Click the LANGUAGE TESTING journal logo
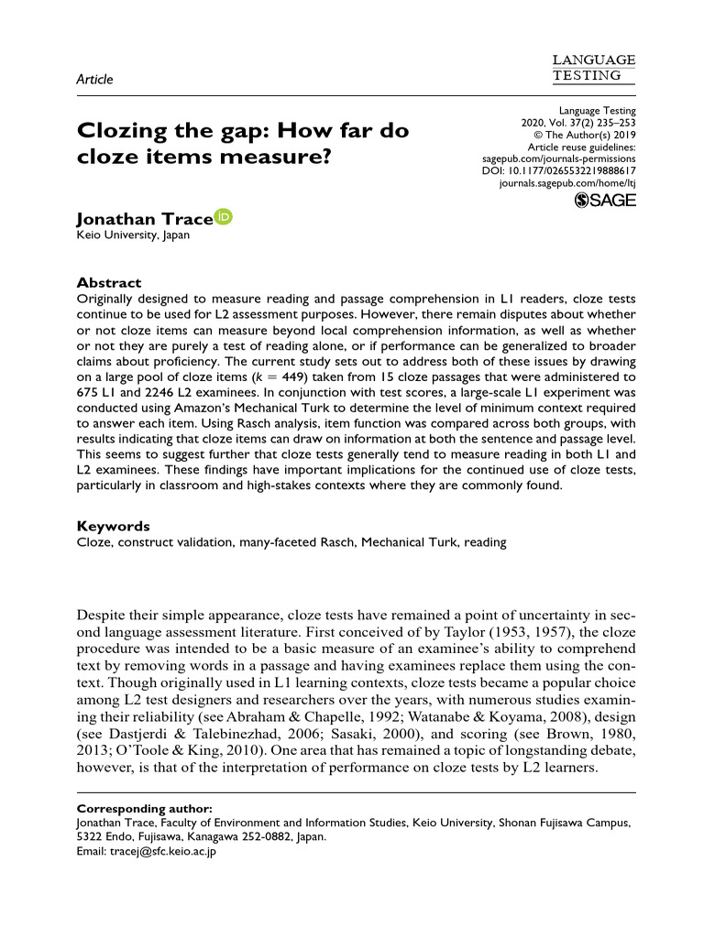pos(594,67)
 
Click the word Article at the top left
pos(94,79)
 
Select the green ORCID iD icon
pos(224,217)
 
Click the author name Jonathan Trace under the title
pos(144,220)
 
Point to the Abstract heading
pos(108,283)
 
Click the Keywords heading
pos(113,526)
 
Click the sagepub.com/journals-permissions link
pos(558,158)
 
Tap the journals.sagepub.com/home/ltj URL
pos(566,183)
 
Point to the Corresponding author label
pos(144,809)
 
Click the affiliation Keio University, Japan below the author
pos(132,235)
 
